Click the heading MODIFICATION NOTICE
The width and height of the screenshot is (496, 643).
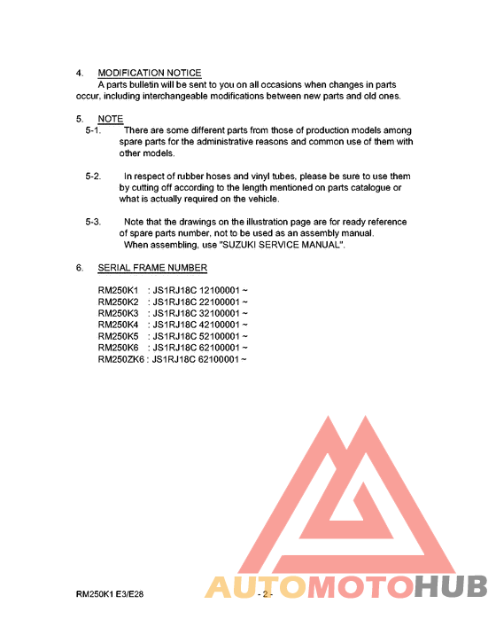pos(149,73)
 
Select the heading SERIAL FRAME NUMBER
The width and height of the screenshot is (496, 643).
pos(152,267)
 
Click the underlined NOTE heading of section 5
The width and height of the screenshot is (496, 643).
pos(111,119)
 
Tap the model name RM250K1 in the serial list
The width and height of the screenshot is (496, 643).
pos(119,290)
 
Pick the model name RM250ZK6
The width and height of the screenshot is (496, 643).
pos(122,359)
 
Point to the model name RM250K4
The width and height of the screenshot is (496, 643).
pos(119,325)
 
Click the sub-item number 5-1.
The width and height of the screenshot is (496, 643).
pos(93,130)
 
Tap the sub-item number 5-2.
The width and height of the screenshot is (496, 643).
pos(93,176)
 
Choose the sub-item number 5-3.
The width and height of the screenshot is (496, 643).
pos(93,222)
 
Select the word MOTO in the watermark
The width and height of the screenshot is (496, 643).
pos(358,587)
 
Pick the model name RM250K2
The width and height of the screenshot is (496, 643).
pos(119,302)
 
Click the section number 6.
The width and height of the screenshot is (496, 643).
pos(79,267)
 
